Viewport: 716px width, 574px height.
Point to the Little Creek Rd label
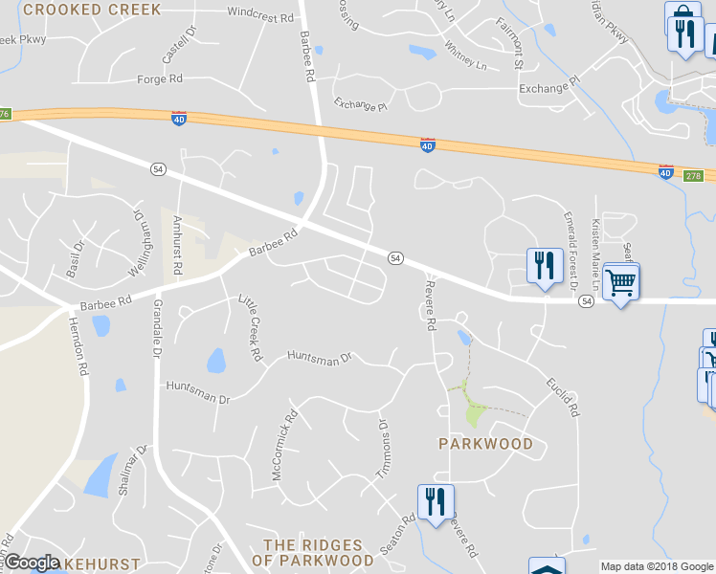point(250,327)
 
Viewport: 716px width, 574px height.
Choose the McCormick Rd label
point(285,445)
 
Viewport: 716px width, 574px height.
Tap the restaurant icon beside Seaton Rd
point(436,501)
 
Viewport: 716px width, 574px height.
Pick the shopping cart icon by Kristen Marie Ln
point(621,282)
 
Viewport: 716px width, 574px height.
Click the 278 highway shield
point(694,176)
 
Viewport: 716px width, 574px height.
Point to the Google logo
point(33,563)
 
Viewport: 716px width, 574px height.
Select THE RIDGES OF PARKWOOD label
point(319,552)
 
